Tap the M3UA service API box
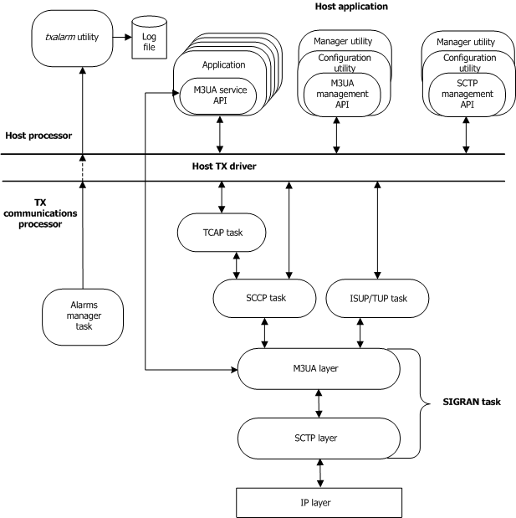click(x=217, y=95)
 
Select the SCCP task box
click(x=264, y=298)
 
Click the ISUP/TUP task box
click(x=377, y=298)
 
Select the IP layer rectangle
click(x=319, y=502)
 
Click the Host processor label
click(x=37, y=136)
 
